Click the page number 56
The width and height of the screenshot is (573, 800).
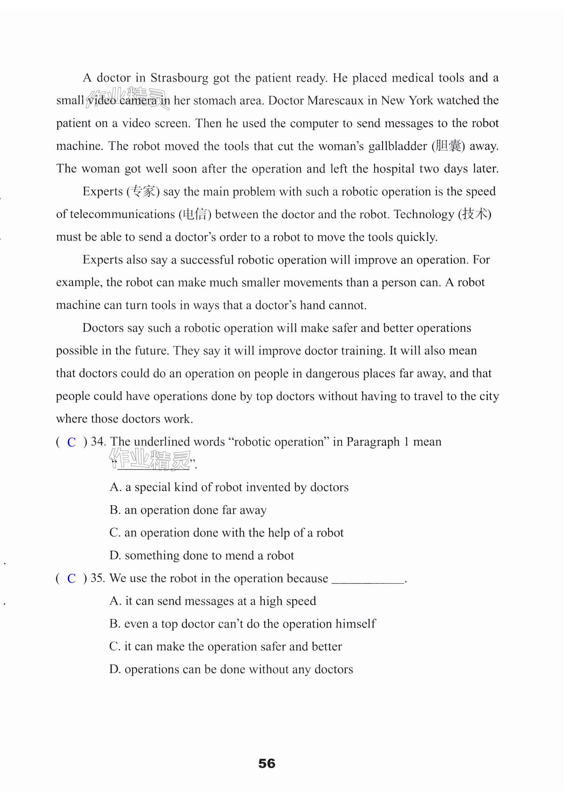click(267, 763)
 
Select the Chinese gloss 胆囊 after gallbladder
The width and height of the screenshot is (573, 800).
click(448, 146)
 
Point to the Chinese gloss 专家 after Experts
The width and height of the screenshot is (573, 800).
click(143, 192)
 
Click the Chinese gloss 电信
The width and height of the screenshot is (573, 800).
click(195, 214)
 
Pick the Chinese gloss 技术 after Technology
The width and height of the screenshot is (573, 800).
click(474, 214)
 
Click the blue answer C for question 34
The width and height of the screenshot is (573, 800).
click(72, 442)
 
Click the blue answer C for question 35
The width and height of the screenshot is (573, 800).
click(72, 579)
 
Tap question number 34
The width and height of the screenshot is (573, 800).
click(98, 442)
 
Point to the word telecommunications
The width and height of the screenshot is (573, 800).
click(122, 214)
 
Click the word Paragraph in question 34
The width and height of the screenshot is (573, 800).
click(373, 442)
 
